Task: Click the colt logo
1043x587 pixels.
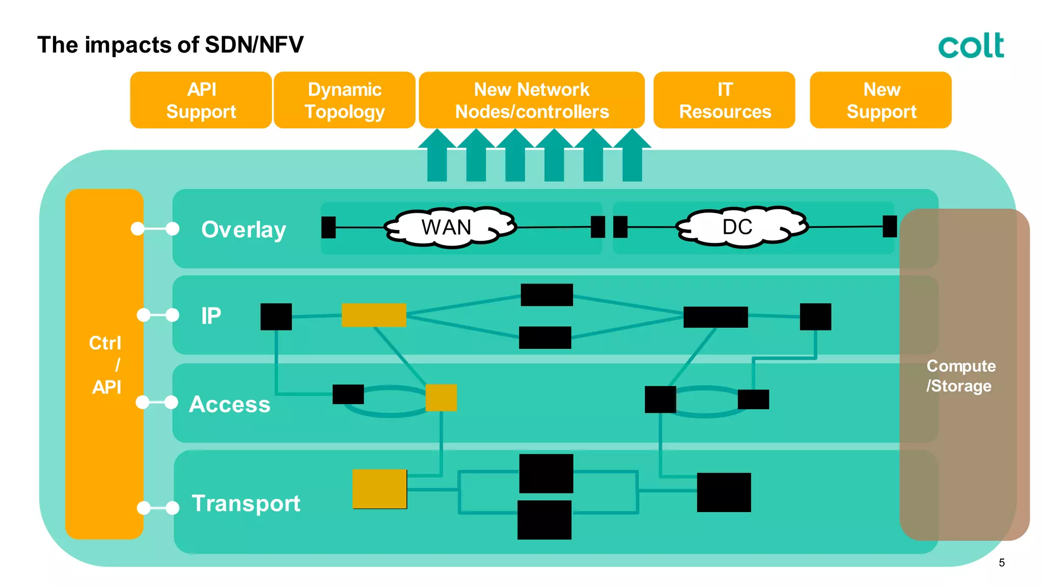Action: tap(971, 45)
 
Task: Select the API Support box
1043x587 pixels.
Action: tap(201, 100)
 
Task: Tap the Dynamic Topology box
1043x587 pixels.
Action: tap(345, 100)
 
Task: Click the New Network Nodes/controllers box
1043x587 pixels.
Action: tap(532, 100)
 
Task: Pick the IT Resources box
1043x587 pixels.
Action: tap(724, 100)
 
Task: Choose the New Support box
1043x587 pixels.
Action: tap(881, 100)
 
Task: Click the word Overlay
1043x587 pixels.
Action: tap(243, 230)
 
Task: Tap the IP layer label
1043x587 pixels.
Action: tap(211, 316)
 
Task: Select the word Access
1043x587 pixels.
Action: tap(230, 404)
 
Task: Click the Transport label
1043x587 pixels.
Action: tap(246, 504)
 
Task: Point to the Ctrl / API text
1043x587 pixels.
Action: tap(105, 365)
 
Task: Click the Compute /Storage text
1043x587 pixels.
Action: tap(960, 376)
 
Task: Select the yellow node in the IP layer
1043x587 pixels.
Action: tap(374, 315)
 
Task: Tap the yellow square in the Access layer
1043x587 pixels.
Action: tap(441, 398)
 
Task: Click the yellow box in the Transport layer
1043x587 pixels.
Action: tap(379, 489)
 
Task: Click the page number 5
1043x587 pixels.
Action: tap(1001, 563)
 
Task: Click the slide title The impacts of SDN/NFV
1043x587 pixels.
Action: tap(170, 45)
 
